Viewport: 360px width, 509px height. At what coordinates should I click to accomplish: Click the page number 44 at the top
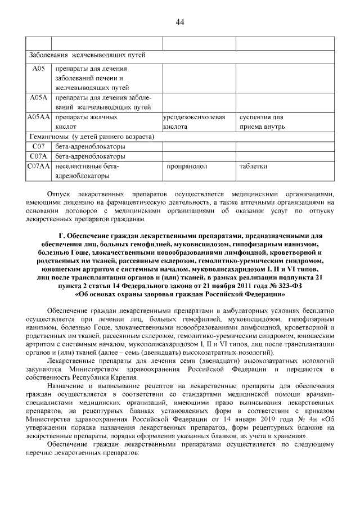(x=180, y=22)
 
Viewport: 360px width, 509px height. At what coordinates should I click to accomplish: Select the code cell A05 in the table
(x=38, y=69)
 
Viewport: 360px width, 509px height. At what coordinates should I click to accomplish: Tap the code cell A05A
(x=38, y=98)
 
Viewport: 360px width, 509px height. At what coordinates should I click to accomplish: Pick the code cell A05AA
(x=38, y=118)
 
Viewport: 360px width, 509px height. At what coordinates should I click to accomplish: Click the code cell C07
(x=38, y=147)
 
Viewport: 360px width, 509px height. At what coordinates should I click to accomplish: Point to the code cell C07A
(x=38, y=156)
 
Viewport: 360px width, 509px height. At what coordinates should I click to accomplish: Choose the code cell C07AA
(x=38, y=166)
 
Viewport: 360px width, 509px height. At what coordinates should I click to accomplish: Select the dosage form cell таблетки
(x=254, y=166)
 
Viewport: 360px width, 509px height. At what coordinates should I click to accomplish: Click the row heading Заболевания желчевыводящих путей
(x=87, y=55)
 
